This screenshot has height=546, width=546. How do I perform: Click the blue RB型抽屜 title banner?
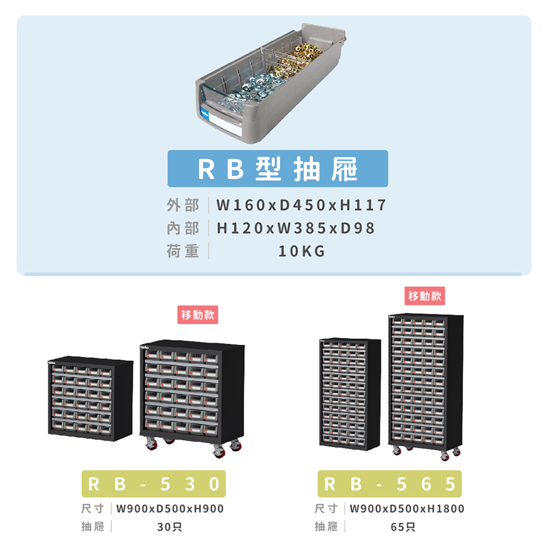[x=278, y=168]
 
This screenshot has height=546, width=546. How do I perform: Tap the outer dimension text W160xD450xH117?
[x=301, y=205]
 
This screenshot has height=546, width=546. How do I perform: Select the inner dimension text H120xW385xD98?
[x=296, y=228]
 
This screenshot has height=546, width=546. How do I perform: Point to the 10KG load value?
[x=302, y=251]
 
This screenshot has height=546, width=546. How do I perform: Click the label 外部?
[x=183, y=205]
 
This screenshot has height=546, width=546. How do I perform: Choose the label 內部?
[x=183, y=228]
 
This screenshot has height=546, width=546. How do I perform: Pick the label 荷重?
[x=183, y=251]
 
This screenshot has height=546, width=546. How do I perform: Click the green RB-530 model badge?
[x=153, y=484]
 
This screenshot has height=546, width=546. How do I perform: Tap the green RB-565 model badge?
[x=389, y=484]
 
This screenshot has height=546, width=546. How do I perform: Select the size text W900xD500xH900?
[x=170, y=509]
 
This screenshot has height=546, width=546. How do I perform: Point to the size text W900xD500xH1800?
[x=407, y=509]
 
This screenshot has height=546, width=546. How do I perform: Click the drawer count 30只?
[x=170, y=527]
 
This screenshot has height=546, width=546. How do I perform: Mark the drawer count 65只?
[x=403, y=527]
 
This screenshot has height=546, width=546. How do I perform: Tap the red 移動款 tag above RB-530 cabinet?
[x=198, y=315]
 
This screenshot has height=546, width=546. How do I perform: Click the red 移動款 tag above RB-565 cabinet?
[x=425, y=296]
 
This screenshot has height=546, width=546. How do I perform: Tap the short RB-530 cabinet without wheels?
[x=90, y=398]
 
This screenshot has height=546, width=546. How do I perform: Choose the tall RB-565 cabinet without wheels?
[x=349, y=394]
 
